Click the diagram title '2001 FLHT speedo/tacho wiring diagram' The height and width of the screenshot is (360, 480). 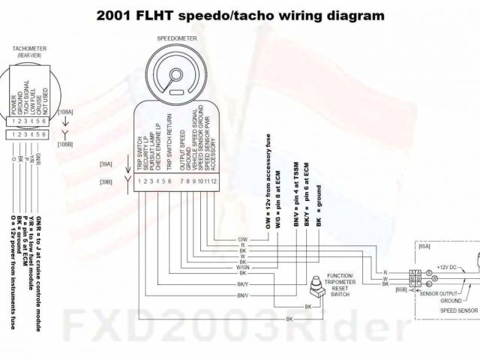pyautogui.click(x=241, y=14)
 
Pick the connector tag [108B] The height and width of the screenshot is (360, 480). pyautogui.click(x=65, y=142)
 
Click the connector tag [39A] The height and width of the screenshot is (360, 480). pyautogui.click(x=106, y=164)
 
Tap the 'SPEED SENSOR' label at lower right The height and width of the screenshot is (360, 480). pyautogui.click(x=458, y=310)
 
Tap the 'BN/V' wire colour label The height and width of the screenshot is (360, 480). pyautogui.click(x=242, y=296)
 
